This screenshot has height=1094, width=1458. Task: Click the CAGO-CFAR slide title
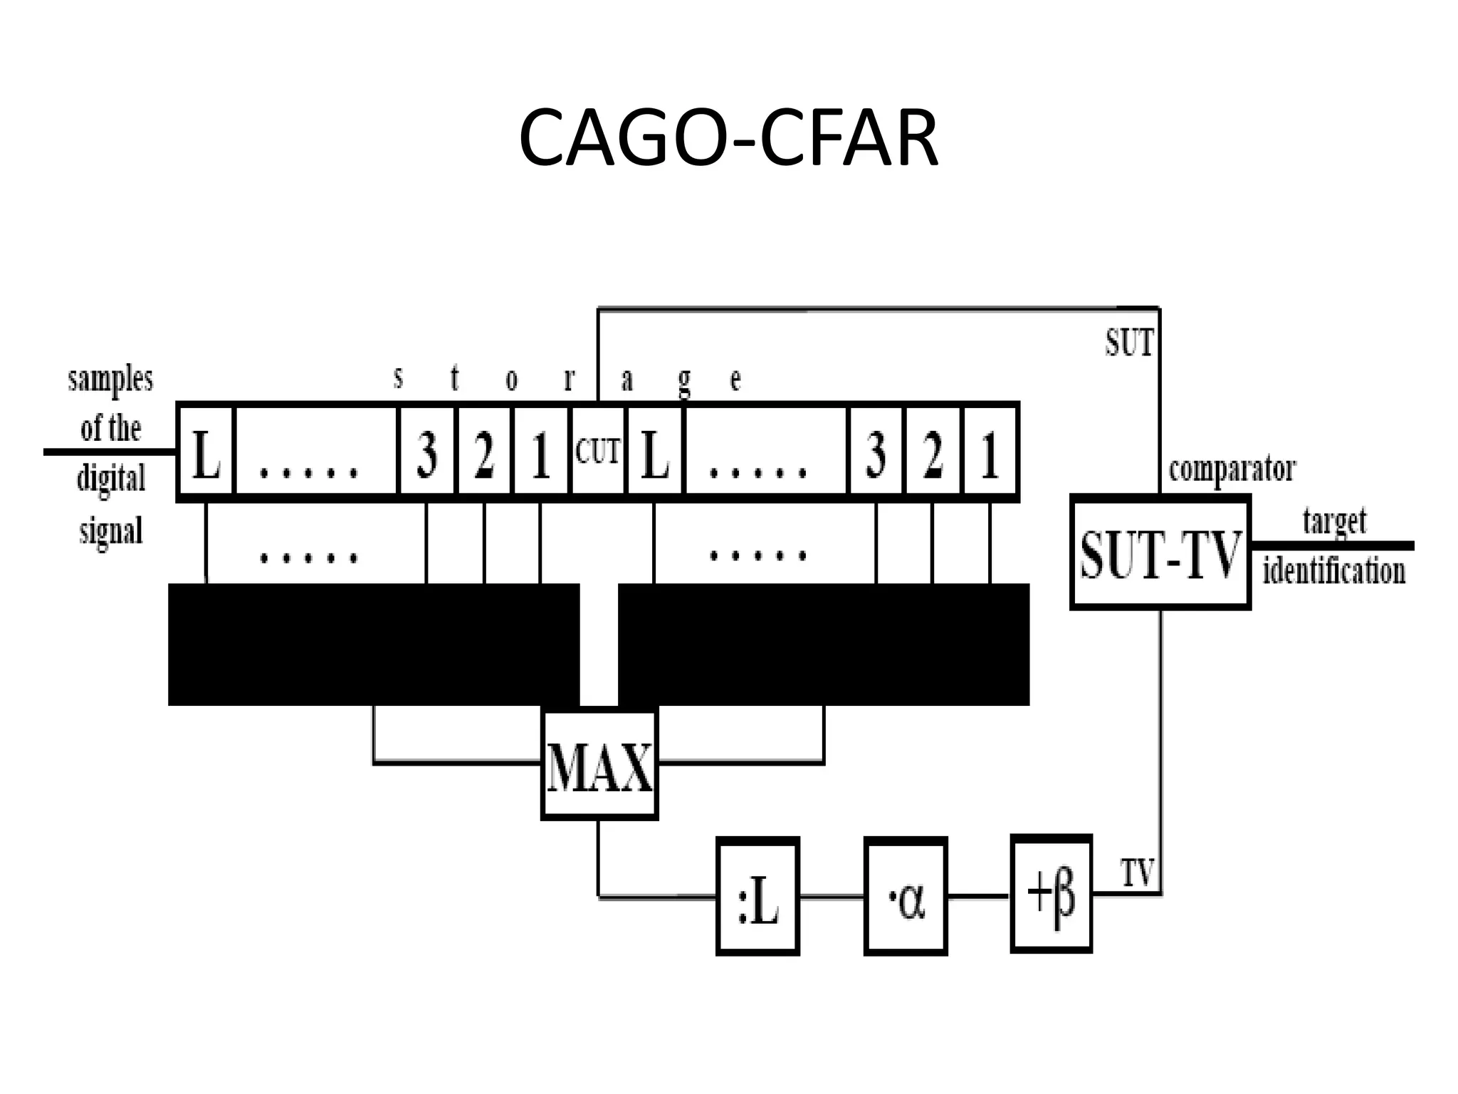click(x=728, y=138)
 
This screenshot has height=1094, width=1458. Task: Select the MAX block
click(x=599, y=764)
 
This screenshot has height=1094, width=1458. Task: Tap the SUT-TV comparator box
click(x=1160, y=553)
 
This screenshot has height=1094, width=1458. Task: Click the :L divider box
click(x=757, y=897)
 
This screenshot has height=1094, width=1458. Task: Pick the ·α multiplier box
click(x=906, y=897)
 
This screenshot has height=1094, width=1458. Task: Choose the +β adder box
click(x=1051, y=895)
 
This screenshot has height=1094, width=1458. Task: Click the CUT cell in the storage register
click(x=598, y=452)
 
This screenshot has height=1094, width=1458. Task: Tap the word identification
click(x=1334, y=571)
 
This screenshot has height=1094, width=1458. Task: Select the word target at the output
click(x=1334, y=522)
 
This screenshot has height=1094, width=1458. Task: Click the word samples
click(x=110, y=379)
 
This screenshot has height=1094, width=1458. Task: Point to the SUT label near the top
click(x=1129, y=343)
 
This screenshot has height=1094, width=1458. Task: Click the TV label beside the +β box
click(x=1137, y=873)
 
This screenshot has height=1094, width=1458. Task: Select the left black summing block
click(x=374, y=645)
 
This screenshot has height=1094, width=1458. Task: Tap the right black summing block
click(x=824, y=645)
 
